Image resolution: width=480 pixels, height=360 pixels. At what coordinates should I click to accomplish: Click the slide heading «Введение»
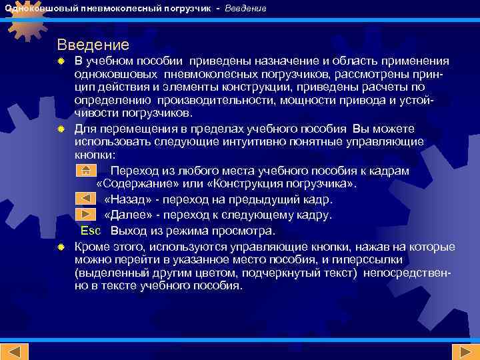click(x=93, y=45)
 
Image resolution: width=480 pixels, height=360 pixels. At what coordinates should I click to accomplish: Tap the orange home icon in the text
click(x=85, y=170)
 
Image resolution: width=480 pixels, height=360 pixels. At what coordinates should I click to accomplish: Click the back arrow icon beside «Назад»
click(x=85, y=199)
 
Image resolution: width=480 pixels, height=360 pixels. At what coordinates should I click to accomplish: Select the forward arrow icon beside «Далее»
click(x=85, y=214)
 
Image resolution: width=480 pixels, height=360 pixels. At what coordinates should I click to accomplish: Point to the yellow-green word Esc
click(x=91, y=231)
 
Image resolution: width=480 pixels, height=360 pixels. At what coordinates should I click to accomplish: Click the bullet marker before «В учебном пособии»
click(x=61, y=61)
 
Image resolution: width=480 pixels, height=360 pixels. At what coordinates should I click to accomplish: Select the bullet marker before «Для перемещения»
click(x=61, y=129)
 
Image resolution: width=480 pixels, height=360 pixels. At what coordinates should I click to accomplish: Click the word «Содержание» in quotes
click(x=136, y=184)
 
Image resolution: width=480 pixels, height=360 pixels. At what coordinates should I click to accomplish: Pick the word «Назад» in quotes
click(x=127, y=199)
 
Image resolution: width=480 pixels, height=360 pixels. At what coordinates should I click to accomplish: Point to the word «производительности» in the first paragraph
click(x=211, y=100)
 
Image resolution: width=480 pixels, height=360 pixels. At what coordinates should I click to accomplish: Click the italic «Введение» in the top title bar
click(x=245, y=9)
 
